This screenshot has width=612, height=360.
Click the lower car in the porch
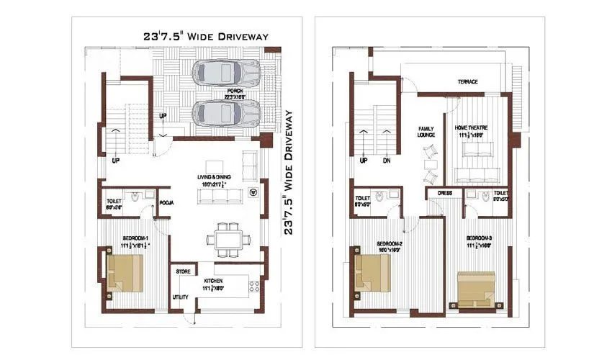(226, 113)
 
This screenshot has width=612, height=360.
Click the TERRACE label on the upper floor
(467, 82)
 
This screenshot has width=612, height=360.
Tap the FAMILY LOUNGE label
(426, 132)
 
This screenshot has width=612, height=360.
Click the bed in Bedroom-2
(373, 271)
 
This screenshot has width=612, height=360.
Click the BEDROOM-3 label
(478, 238)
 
